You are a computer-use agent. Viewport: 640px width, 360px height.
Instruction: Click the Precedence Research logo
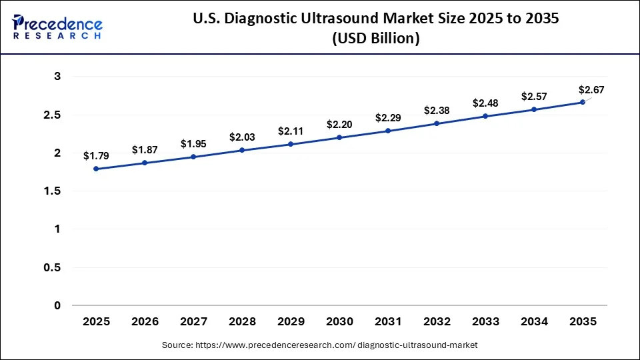tap(57, 27)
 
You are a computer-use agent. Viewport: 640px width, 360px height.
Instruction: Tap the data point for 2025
tap(96, 169)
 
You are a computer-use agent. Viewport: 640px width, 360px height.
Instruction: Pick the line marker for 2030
tap(339, 137)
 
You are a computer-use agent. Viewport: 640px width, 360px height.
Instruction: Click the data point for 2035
tap(583, 102)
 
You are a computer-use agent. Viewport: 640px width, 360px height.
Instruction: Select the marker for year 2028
tap(242, 150)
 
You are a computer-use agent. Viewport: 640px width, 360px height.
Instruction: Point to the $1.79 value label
tap(96, 156)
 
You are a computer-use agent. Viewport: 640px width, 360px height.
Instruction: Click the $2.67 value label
tap(591, 90)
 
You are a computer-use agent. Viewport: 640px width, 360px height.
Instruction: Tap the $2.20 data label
tap(339, 125)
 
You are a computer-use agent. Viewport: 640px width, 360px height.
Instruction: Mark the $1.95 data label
tap(193, 144)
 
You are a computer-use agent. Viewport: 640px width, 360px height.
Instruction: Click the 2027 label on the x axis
tap(193, 322)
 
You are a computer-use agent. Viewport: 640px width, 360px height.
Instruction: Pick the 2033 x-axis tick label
tap(485, 322)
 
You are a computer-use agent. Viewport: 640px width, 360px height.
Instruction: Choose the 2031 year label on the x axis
tap(388, 322)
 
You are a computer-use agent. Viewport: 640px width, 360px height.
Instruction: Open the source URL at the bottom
tap(320, 345)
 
